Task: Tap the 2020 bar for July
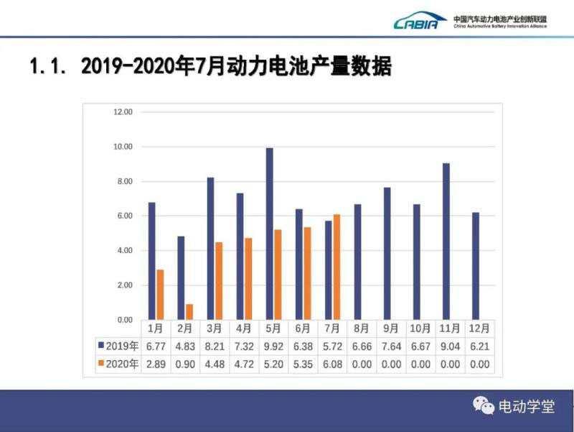tap(337, 267)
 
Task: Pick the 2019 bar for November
tap(446, 242)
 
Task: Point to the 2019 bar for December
tap(475, 266)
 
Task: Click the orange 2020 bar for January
tap(160, 295)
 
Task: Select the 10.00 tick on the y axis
tap(124, 147)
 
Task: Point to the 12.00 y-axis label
tap(124, 112)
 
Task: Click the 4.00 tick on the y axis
tap(124, 251)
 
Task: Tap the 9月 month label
tap(391, 328)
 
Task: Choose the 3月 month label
tap(215, 328)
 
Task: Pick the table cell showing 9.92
tap(273, 346)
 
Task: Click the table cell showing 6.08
tap(332, 364)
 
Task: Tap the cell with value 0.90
tap(185, 364)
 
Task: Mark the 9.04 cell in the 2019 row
tap(450, 346)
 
